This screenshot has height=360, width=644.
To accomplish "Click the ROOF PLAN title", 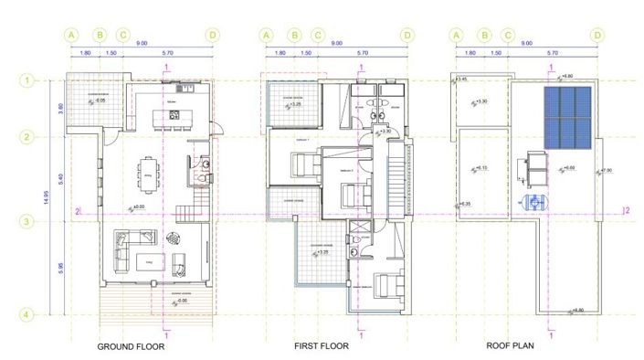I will tap(511, 347).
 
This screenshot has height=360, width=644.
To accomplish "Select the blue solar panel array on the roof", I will tap(569, 118).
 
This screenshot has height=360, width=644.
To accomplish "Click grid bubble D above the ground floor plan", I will tap(213, 36).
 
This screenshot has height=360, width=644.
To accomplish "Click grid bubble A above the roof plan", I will tap(455, 36).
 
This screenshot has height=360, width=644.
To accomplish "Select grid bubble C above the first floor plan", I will tap(318, 36).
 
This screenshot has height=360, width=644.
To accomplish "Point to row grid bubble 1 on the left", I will tap(28, 80).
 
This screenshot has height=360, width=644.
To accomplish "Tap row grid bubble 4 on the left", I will tap(28, 315).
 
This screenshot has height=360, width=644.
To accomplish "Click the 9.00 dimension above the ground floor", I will tap(143, 43).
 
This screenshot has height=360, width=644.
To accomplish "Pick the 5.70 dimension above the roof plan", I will tap(552, 54).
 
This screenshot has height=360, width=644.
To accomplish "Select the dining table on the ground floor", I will tap(148, 171).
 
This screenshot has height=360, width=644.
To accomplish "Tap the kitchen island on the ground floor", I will tap(174, 116).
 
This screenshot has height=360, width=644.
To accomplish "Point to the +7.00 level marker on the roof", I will tap(606, 170).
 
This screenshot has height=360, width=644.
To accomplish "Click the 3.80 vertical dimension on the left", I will tap(61, 108).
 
